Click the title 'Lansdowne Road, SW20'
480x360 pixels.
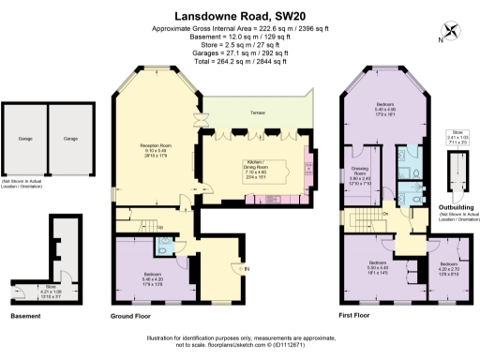(239, 16)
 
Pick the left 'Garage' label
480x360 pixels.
(25, 140)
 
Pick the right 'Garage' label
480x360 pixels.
(69, 140)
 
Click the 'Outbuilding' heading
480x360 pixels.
(457, 196)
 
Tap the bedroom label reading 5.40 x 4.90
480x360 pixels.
(385, 108)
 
